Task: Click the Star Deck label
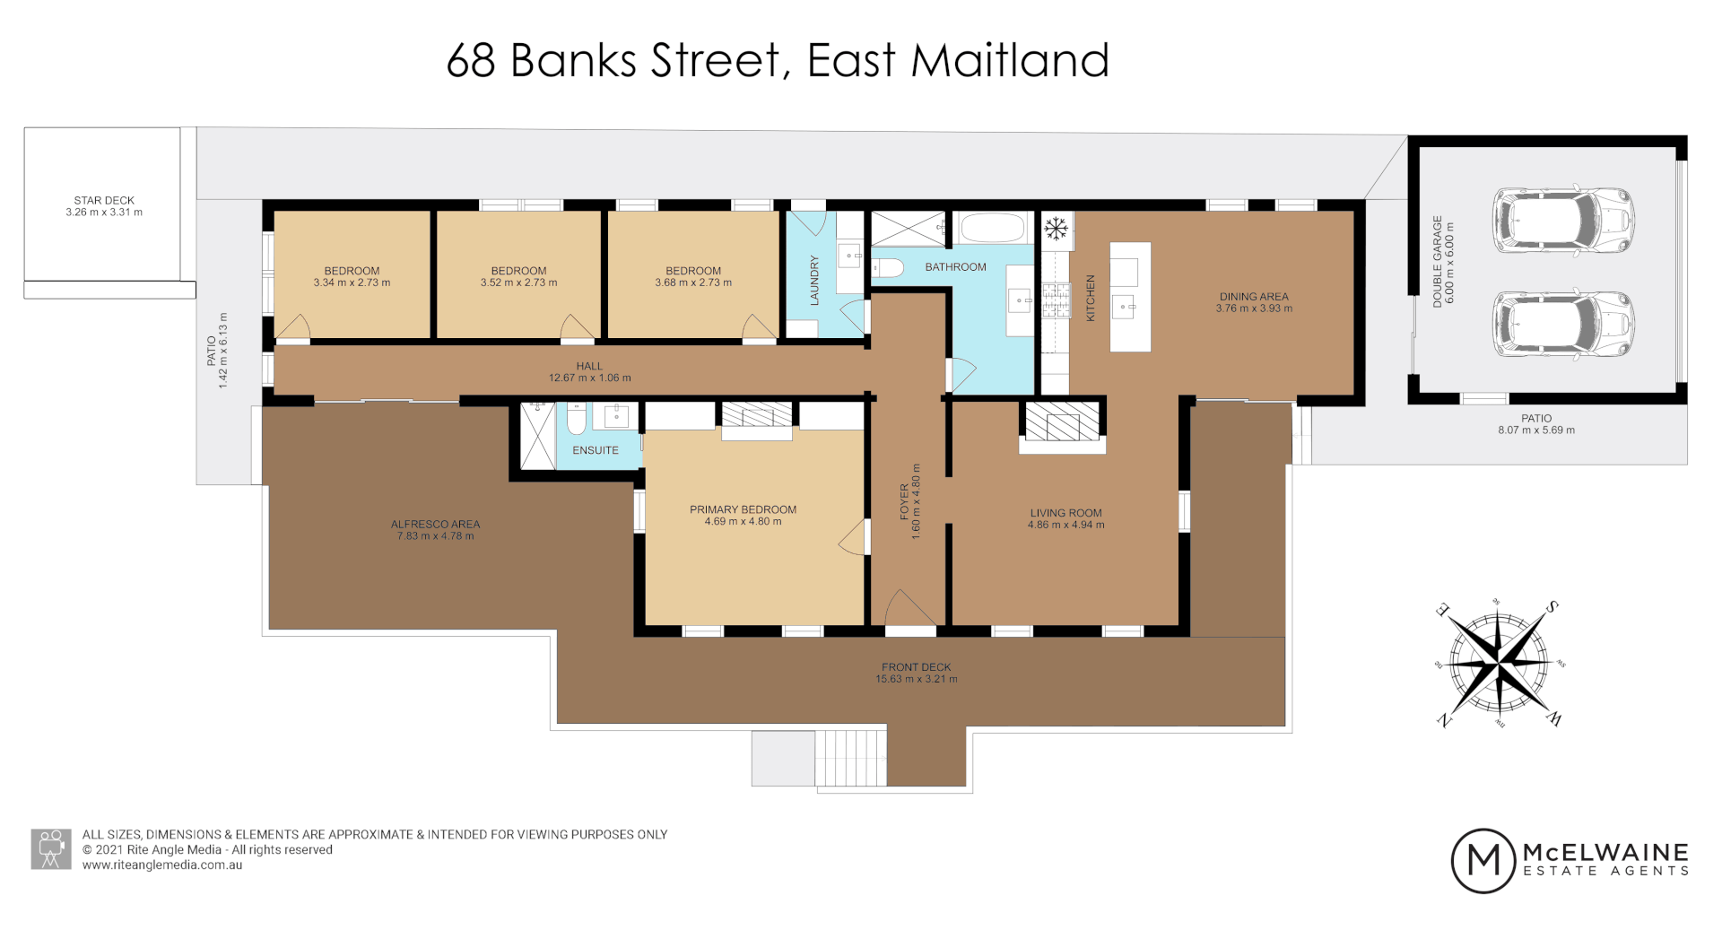(x=104, y=201)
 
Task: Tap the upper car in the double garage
(x=1562, y=221)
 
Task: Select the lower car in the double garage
(x=1562, y=324)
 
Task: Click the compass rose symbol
(x=1499, y=664)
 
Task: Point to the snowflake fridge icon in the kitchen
(x=1057, y=229)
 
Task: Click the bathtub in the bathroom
(x=992, y=228)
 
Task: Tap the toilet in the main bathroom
(x=887, y=266)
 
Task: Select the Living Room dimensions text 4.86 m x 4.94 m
(x=1065, y=526)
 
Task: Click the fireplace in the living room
(x=1062, y=422)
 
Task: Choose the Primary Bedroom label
(x=743, y=509)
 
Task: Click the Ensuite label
(x=596, y=450)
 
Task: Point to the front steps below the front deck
(x=851, y=758)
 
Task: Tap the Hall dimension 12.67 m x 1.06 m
(x=589, y=378)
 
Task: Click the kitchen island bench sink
(x=1123, y=308)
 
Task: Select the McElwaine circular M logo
(x=1483, y=860)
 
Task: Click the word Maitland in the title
(x=1010, y=61)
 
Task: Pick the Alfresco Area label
(x=435, y=525)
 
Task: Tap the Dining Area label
(x=1253, y=297)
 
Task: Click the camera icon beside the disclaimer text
(x=51, y=848)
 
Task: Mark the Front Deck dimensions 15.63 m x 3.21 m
(x=916, y=680)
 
